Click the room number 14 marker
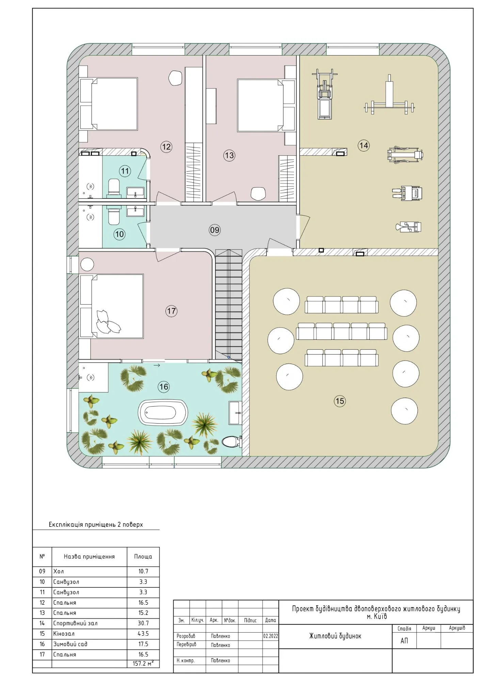coord(364,146)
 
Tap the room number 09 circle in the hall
coord(214,230)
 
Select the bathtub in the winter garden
coord(163,413)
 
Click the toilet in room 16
coord(232,442)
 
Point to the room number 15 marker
coord(340,401)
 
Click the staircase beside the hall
coord(229,304)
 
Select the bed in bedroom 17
coord(112,306)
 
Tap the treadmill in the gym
coord(325,94)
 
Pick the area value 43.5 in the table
coord(143,634)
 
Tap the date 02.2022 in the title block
coord(271,636)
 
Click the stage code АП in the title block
coord(404,641)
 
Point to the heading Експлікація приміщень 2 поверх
coord(96,525)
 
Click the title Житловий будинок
coord(335,636)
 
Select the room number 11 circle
coord(125,171)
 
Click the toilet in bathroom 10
coord(114,215)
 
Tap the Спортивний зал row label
coord(75,623)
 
